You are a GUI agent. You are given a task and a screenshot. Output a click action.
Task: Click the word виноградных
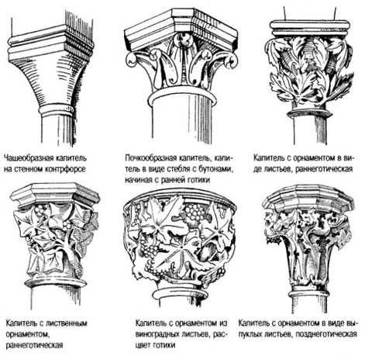157,334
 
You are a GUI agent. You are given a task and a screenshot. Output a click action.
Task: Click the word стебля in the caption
180,169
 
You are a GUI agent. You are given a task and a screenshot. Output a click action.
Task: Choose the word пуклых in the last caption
251,334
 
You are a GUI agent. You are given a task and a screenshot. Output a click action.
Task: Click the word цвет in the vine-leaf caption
143,345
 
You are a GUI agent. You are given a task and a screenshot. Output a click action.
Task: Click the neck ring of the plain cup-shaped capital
56,110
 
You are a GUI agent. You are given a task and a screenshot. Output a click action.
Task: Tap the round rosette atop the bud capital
183,40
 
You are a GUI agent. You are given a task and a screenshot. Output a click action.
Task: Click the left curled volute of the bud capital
133,60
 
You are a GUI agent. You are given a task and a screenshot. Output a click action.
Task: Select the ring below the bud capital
182,99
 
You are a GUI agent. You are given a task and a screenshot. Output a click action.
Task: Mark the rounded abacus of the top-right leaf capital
310,28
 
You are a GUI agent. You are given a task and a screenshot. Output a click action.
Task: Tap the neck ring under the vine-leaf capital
181,294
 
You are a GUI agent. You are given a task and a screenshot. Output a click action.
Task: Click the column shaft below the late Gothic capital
310,304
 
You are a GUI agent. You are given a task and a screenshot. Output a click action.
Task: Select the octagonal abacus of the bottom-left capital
55,195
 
